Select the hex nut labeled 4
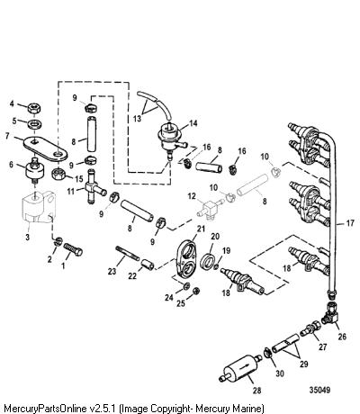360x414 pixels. pos(34,108)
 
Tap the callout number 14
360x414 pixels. pos(193,123)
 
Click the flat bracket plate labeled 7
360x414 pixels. pos(45,148)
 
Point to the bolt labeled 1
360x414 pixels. pos(73,249)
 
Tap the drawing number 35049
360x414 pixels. pos(319,390)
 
